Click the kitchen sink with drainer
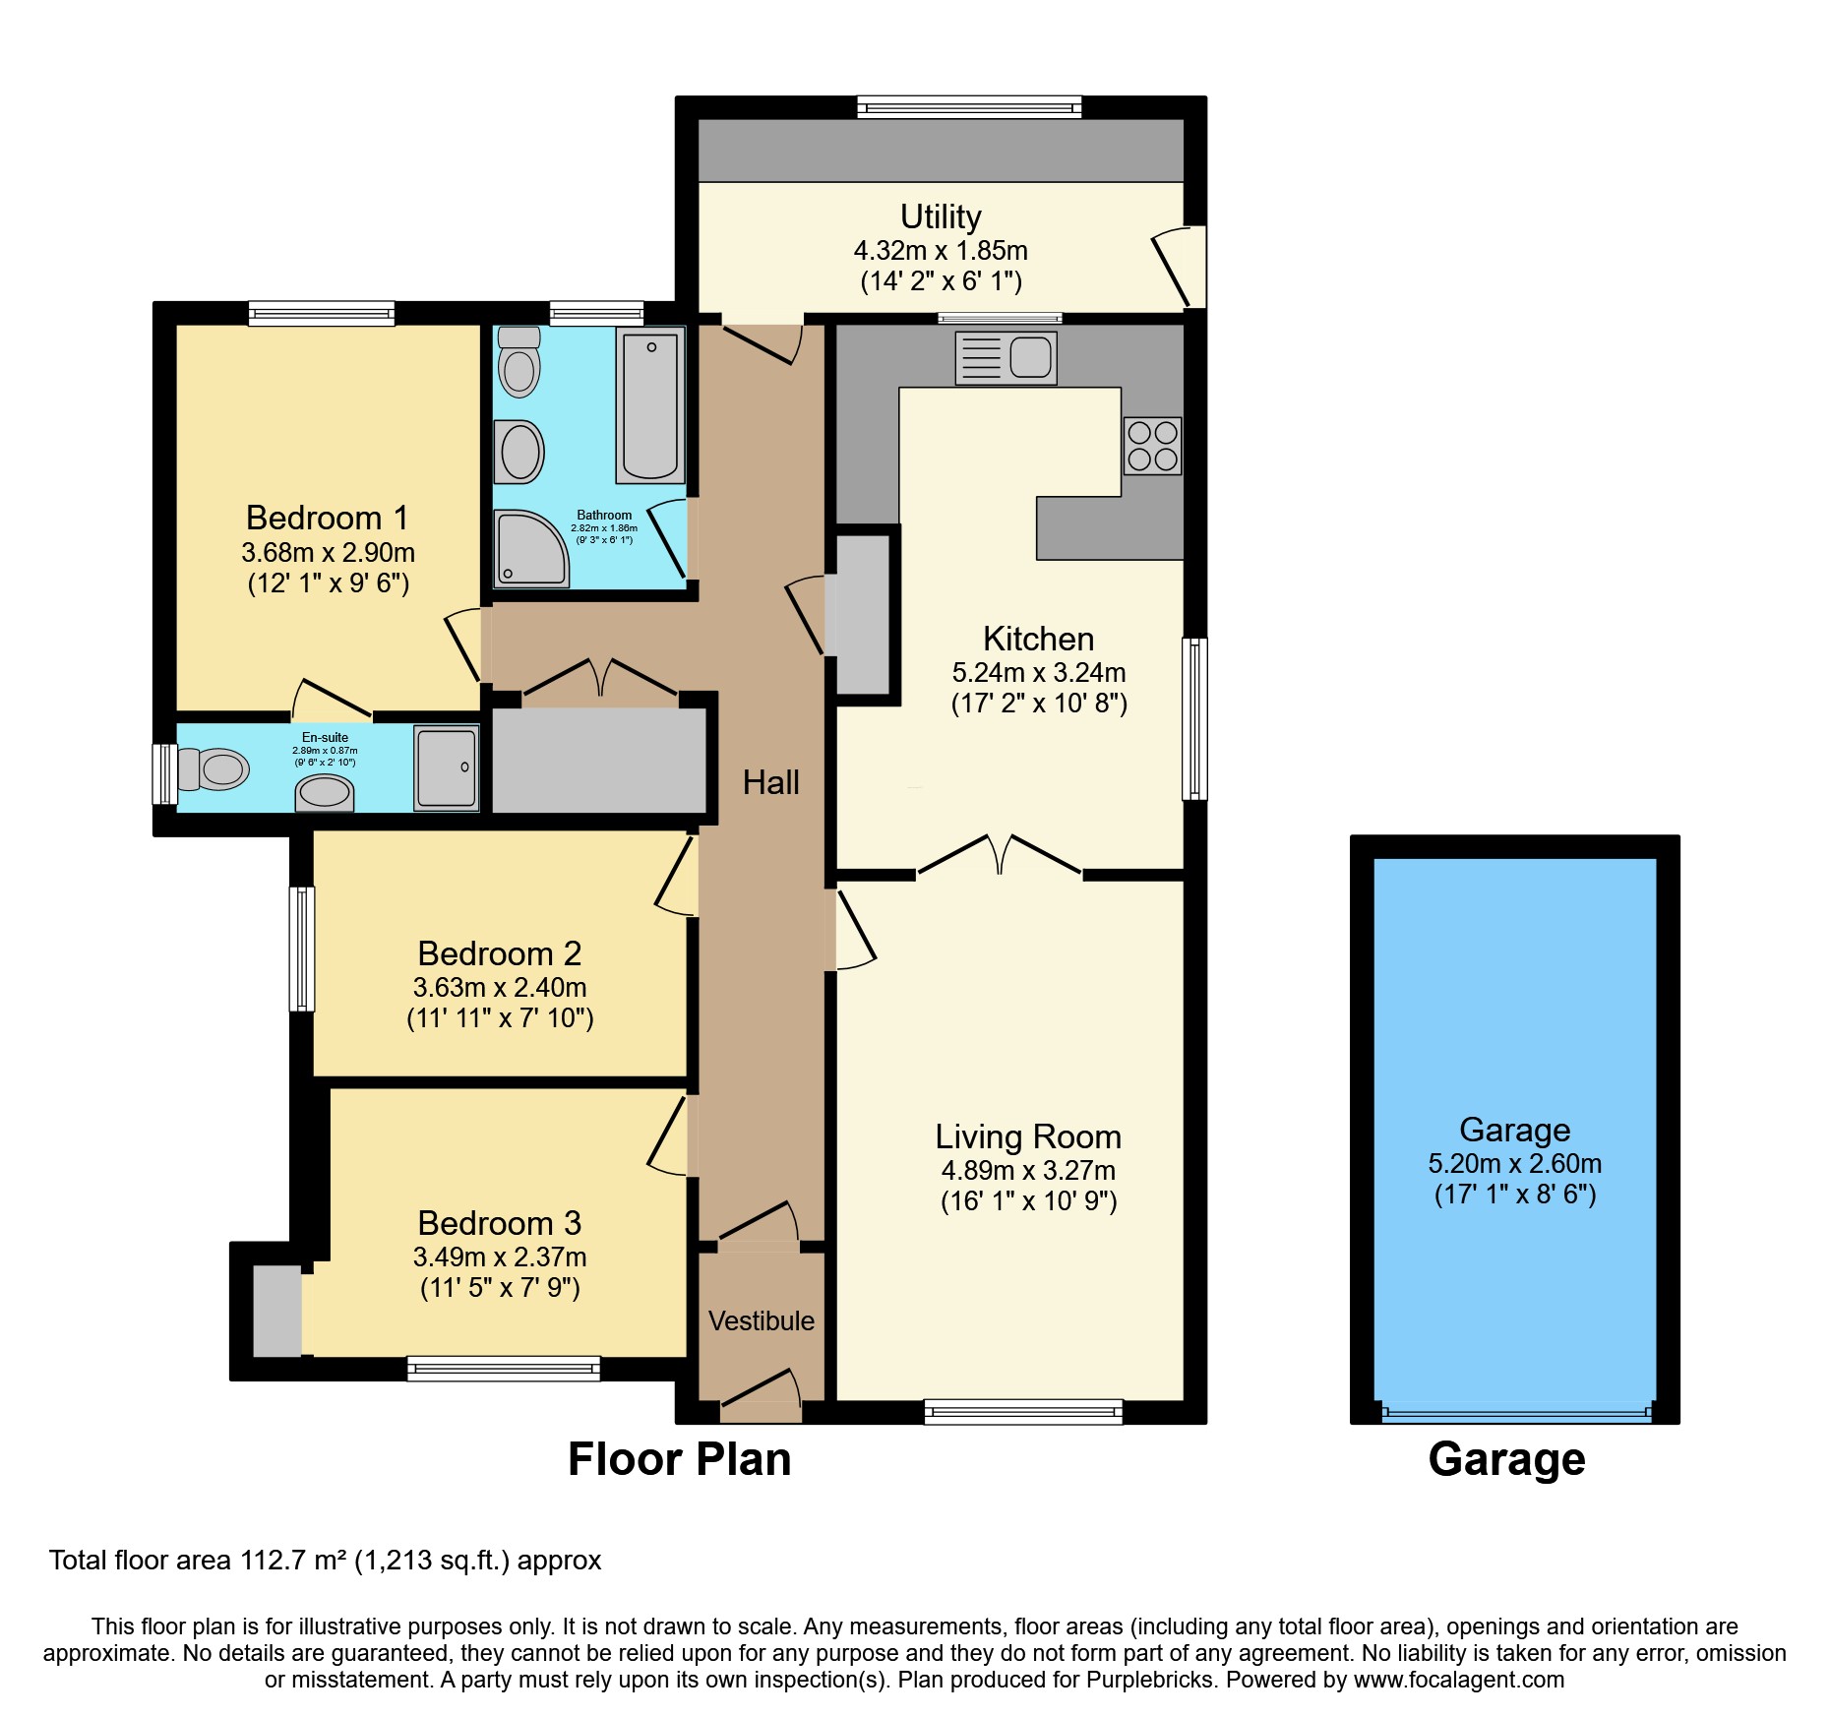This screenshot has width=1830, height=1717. pos(1006,357)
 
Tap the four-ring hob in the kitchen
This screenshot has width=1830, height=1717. pos(1152,446)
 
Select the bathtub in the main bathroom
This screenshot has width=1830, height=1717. pos(649,405)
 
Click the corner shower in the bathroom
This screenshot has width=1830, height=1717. pos(528,547)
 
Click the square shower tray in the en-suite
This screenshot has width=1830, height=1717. pos(447,767)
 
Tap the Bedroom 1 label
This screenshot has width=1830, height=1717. pos(327,518)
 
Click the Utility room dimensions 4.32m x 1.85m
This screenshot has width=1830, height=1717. pos(941,251)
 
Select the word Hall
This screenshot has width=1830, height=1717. pos(770,783)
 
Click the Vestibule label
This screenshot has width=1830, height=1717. pos(762,1320)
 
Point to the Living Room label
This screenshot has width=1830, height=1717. pos(1028,1136)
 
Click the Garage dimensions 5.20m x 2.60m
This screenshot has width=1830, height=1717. pos(1514,1164)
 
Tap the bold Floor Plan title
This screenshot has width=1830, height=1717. pos(679,1459)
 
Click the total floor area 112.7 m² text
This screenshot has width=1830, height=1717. pos(325,1561)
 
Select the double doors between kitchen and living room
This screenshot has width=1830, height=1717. pos(1000,855)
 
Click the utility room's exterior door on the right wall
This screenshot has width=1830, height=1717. pos(1178,266)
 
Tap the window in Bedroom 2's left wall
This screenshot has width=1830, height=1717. pos(301,949)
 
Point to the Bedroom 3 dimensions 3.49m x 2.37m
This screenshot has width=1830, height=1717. pos(500,1257)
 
